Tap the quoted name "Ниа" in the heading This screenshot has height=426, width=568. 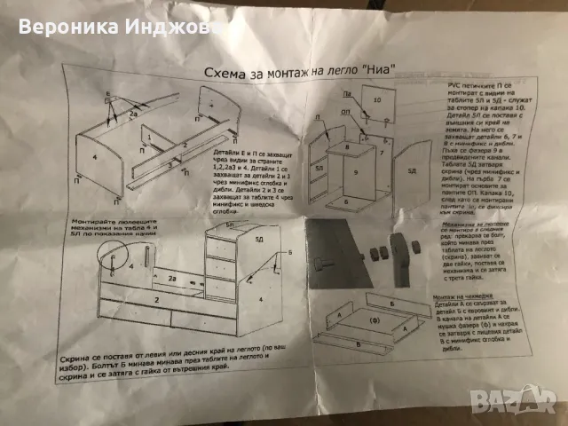pos(374,68)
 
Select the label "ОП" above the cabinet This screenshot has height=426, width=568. pos(321,114)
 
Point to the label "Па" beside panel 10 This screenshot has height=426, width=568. pos(347,91)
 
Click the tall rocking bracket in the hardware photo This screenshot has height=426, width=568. pos(413,246)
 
